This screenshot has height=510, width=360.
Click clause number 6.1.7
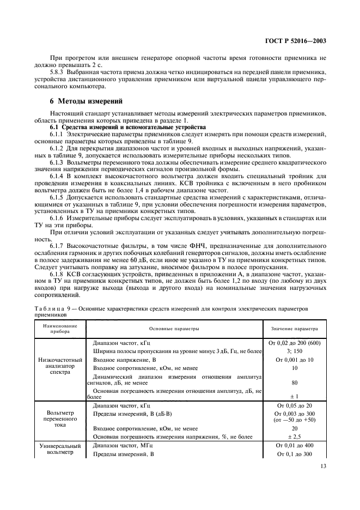pos(58,245)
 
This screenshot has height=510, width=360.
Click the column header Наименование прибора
pos(60,329)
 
